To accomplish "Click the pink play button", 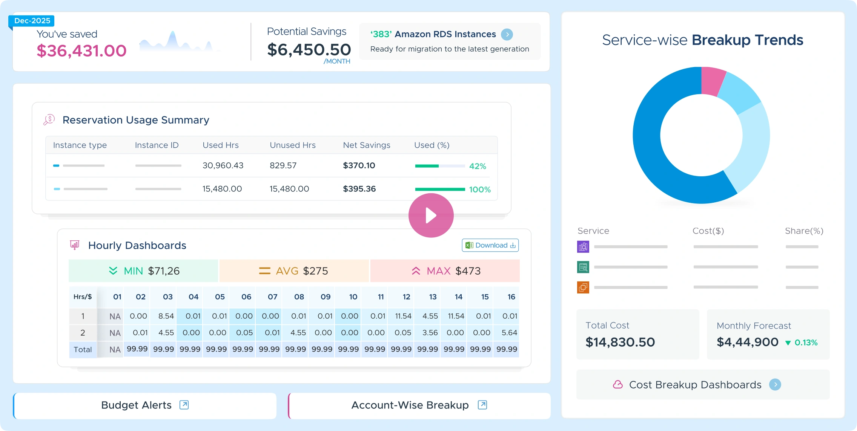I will pos(431,215).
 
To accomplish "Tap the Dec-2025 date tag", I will pos(32,21).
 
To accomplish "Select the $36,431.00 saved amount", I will pos(81,51).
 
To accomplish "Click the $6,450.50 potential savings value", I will pos(309,50).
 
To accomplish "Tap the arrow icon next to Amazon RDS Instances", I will pos(507,34).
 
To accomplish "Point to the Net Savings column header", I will pos(366,145).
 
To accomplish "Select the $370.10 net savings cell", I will pos(359,165).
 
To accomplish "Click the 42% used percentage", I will pos(477,166).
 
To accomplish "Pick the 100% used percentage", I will pos(479,190).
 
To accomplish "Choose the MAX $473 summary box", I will pos(445,271).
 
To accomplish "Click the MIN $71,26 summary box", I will pos(143,271).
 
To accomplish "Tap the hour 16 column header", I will pos(511,297).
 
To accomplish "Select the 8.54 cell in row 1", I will pos(166,316).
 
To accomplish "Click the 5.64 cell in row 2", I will pos(509,333).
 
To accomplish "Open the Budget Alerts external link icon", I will pos(184,405).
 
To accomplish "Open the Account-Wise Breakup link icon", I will pos(482,405).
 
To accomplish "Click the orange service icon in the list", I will pos(583,287).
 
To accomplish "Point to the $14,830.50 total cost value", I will pos(620,342).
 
